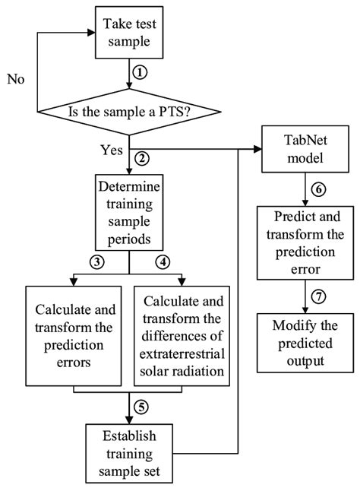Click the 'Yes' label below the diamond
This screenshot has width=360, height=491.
(x=112, y=150)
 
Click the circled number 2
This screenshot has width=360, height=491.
(x=139, y=160)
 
